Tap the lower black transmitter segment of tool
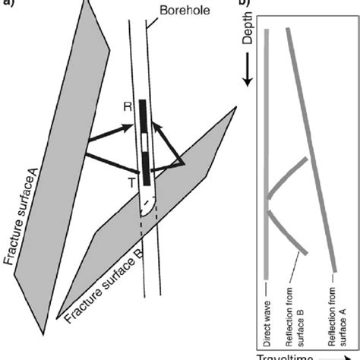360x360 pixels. [x=144, y=167]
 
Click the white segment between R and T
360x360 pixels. [x=144, y=144]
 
